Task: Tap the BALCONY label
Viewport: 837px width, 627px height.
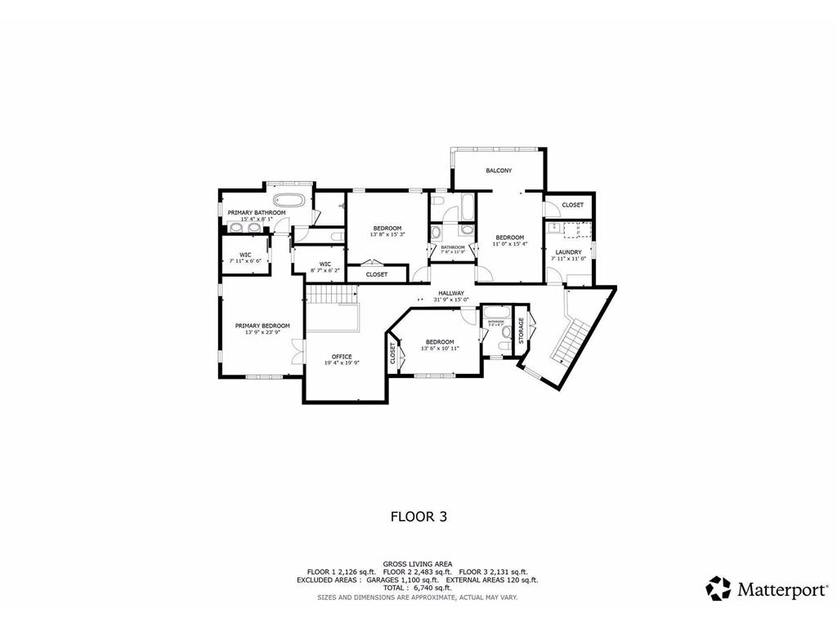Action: pyautogui.click(x=499, y=171)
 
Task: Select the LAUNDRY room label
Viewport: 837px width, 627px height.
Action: pyautogui.click(x=567, y=252)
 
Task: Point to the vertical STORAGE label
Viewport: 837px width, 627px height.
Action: pyautogui.click(x=521, y=330)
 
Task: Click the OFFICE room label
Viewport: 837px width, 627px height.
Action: pyautogui.click(x=342, y=357)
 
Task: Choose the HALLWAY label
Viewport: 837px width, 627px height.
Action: pyautogui.click(x=451, y=293)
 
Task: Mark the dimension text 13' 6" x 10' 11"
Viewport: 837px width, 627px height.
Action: pyautogui.click(x=440, y=349)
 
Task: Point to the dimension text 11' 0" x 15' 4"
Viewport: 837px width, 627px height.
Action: pyautogui.click(x=509, y=243)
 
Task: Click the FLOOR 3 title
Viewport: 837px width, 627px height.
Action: pyautogui.click(x=418, y=516)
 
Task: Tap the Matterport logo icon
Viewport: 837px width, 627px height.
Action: pyautogui.click(x=718, y=589)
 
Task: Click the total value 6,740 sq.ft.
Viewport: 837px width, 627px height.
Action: pyautogui.click(x=432, y=588)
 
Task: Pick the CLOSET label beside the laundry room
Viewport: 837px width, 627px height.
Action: pyautogui.click(x=572, y=205)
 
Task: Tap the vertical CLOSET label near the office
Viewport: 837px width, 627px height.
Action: pyautogui.click(x=393, y=353)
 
